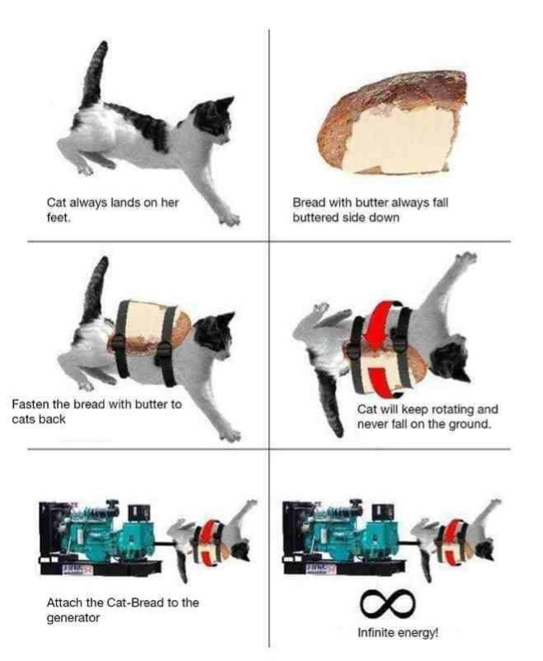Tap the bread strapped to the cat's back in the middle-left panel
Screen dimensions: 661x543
(x=149, y=338)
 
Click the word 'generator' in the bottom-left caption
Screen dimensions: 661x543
(x=73, y=617)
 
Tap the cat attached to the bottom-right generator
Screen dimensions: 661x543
(x=459, y=536)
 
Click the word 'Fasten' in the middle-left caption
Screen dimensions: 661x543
(x=31, y=404)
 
